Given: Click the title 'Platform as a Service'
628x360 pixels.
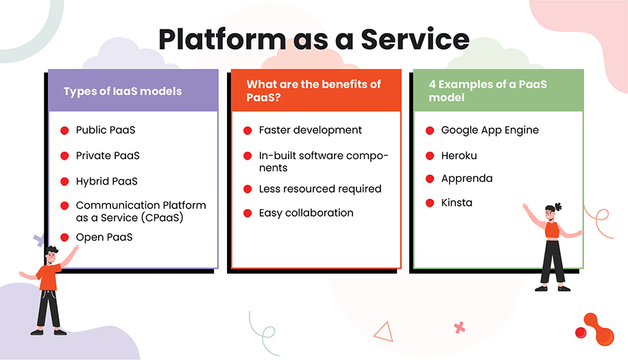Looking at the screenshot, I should pos(313,39).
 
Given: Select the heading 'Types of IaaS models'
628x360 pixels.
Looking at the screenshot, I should pos(123,91).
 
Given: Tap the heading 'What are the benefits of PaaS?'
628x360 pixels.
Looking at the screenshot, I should pos(313,91).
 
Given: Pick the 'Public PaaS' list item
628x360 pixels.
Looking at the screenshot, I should pos(106,130).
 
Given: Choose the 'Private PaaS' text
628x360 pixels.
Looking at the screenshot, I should pos(108,156).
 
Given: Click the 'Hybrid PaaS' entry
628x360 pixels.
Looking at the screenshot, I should pos(107,182).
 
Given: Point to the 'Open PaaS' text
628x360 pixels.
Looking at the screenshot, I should pos(104,237).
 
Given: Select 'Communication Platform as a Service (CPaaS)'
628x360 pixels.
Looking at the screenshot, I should pos(141,211).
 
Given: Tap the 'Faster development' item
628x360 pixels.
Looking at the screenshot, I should pos(310,130).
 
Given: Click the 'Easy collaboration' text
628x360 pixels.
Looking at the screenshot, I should pos(306,213).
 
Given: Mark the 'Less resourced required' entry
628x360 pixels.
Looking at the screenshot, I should pos(320,189).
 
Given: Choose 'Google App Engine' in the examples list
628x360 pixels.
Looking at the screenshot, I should pos(490,130).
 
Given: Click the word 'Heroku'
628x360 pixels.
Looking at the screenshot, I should pos(459,156).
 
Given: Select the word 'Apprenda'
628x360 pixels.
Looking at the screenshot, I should pos(466,178).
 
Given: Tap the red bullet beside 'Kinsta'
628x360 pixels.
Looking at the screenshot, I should pos(430,203).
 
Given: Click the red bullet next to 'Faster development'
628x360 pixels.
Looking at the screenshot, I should pos(247,130).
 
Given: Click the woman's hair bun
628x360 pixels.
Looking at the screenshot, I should pos(558,206).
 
